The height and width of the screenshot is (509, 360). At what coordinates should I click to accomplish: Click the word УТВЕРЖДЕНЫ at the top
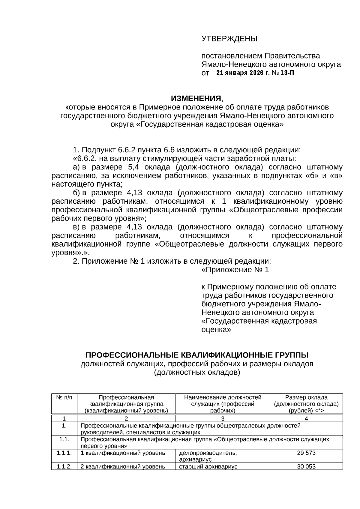pyautogui.click(x=229, y=39)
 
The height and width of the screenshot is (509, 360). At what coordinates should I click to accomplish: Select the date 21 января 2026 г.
pyautogui.click(x=239, y=73)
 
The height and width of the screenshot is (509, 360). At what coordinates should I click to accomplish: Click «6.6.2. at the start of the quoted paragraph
pyautogui.click(x=83, y=158)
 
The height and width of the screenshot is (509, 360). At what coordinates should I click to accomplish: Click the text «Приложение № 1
pyautogui.click(x=235, y=270)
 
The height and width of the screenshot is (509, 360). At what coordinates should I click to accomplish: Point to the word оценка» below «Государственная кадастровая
pyautogui.click(x=216, y=330)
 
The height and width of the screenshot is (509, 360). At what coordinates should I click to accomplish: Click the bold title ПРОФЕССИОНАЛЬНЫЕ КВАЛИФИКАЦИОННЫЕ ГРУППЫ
pyautogui.click(x=197, y=355)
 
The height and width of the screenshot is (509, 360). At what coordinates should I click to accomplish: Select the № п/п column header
pyautogui.click(x=64, y=397)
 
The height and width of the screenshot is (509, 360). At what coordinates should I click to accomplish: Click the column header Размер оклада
pyautogui.click(x=306, y=397)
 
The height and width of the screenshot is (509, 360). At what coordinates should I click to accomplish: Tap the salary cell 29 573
pyautogui.click(x=306, y=453)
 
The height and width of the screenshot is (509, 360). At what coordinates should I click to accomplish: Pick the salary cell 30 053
pyautogui.click(x=306, y=466)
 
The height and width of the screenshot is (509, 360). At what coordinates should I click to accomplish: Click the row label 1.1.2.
pyautogui.click(x=64, y=466)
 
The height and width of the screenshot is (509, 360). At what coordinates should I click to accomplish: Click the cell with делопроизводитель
pyautogui.click(x=208, y=453)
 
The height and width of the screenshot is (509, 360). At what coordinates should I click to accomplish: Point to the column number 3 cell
pyautogui.click(x=223, y=419)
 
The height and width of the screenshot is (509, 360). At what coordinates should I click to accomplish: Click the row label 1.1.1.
pyautogui.click(x=64, y=453)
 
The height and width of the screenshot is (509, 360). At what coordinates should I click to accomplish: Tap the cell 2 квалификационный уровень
pyautogui.click(x=123, y=467)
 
